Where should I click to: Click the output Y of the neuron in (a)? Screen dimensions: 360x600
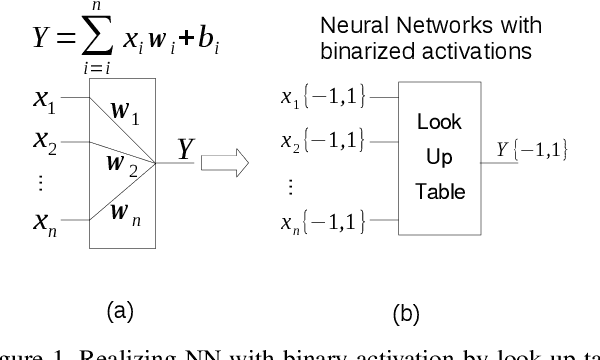[185, 150]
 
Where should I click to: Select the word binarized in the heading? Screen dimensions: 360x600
[410, 48]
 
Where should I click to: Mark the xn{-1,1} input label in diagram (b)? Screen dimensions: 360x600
[322, 220]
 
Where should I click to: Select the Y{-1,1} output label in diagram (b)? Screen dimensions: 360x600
[532, 150]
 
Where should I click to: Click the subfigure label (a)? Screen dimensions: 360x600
[119, 311]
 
